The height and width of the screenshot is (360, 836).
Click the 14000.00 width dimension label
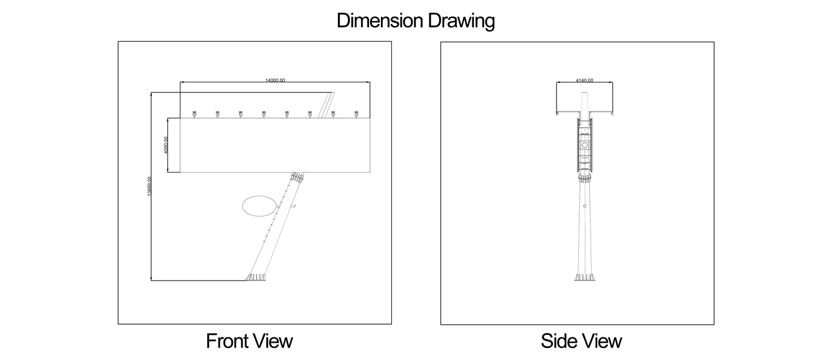pos(275,80)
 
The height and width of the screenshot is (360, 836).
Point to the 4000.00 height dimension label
pos(166,144)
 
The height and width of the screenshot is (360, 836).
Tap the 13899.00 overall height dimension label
pos(149,186)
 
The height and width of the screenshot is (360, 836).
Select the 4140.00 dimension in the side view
pos(585,80)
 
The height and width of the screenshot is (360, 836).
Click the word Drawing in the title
pos(461,21)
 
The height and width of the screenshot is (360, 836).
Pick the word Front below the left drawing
pos(225,341)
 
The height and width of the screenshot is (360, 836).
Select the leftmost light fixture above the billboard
pos(194,113)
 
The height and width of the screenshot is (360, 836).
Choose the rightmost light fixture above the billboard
pos(356,113)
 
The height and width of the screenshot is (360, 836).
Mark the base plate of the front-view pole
pos(256,278)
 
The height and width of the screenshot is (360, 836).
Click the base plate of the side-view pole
pos(585,278)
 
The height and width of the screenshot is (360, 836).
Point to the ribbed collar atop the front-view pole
pos(297,177)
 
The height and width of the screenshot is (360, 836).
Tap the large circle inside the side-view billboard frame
pos(585,145)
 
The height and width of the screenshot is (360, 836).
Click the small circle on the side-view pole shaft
pos(585,206)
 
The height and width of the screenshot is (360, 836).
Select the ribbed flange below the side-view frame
pos(585,177)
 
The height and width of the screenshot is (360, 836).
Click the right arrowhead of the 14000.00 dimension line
pos(368,82)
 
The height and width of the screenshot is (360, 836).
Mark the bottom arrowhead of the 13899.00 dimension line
pos(151,278)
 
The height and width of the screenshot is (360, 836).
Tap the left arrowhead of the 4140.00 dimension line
pos(558,82)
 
